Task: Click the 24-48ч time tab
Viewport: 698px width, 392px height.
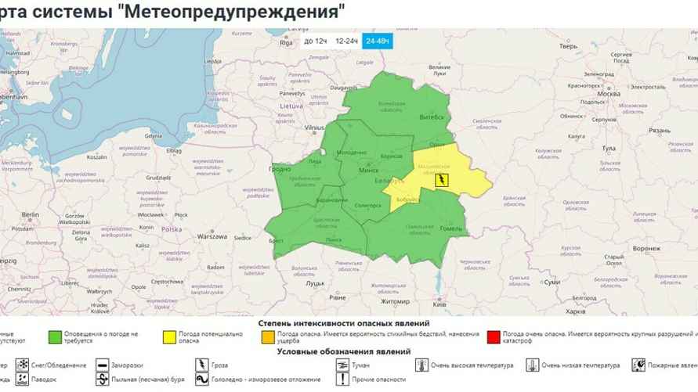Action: click(x=378, y=40)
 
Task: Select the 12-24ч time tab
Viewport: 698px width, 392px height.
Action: click(x=346, y=40)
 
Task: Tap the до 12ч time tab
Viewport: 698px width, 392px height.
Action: click(x=315, y=40)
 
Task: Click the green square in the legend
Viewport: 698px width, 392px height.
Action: click(x=56, y=337)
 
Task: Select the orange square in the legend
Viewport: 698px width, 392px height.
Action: click(x=268, y=337)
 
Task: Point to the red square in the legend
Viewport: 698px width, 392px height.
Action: click(x=492, y=337)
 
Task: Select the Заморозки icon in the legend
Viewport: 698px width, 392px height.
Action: click(x=103, y=365)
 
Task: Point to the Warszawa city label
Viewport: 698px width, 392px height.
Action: click(x=212, y=236)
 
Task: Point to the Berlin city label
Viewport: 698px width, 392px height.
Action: click(x=31, y=214)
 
